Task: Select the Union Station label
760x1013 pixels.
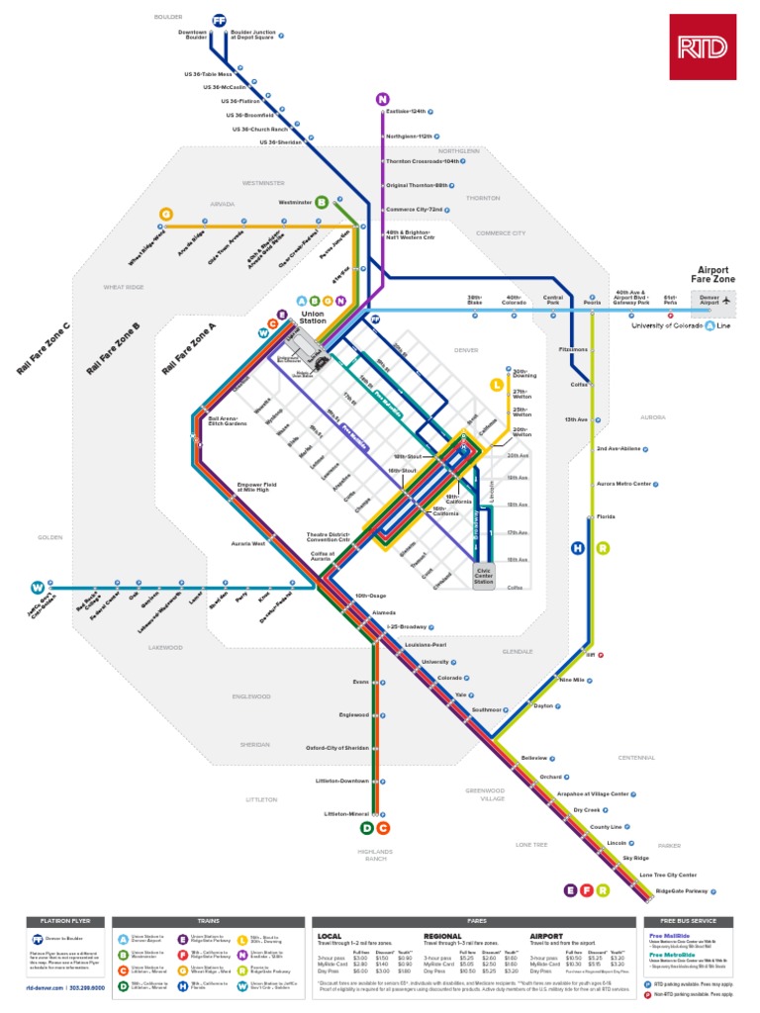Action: click(x=313, y=318)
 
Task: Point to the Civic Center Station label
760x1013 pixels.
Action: click(x=483, y=578)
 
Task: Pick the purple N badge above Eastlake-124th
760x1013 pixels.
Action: click(x=382, y=98)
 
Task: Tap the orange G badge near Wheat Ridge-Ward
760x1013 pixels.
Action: click(x=166, y=214)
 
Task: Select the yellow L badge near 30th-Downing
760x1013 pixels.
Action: click(x=497, y=385)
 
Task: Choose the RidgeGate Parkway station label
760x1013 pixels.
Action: click(x=682, y=891)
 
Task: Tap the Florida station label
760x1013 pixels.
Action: click(x=606, y=516)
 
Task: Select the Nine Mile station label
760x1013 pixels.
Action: click(x=573, y=680)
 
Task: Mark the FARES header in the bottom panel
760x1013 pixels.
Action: click(x=470, y=920)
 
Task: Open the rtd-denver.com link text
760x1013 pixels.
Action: click(x=45, y=987)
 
